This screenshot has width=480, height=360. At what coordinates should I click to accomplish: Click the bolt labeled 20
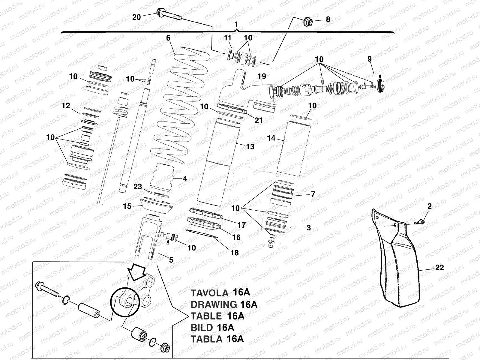tap(168, 15)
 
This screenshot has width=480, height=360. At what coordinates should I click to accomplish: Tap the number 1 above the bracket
tap(237, 24)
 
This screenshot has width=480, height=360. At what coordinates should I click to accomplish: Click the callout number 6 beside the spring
tap(168, 38)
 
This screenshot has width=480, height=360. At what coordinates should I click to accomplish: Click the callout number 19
tap(262, 76)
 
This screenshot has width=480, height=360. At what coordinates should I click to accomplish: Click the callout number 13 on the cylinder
tap(250, 146)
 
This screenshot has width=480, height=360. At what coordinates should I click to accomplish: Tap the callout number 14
tap(271, 138)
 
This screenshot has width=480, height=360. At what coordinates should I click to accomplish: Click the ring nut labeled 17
tap(207, 213)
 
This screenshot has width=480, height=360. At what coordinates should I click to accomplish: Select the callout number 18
tap(234, 253)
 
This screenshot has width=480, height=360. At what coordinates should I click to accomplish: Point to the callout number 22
tap(439, 267)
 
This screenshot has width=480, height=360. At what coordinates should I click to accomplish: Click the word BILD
tap(202, 327)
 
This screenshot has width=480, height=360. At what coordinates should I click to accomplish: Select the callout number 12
tap(66, 106)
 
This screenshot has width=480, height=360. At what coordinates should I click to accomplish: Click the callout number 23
tap(138, 187)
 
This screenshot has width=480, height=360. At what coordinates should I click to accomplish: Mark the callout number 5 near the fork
tap(171, 260)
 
